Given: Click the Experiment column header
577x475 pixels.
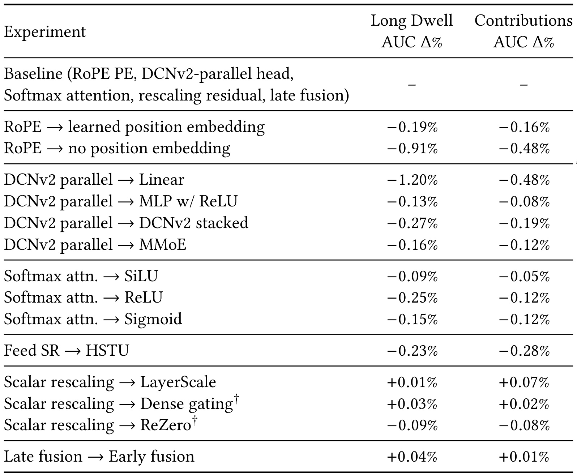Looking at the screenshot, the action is [45, 32].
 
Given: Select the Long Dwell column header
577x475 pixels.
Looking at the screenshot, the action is [412, 31].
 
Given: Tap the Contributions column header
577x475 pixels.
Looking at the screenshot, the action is [523, 31].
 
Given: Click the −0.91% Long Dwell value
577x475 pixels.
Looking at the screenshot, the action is [412, 149].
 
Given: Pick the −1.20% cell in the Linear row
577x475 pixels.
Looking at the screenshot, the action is [412, 180].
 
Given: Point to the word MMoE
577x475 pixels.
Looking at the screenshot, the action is [163, 245].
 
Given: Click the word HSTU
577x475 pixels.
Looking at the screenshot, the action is [107, 351].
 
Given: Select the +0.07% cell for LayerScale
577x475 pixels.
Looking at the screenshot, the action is [524, 382].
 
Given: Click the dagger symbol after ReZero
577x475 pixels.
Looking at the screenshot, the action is [195, 421].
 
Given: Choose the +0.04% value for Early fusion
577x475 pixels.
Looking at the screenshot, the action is [412, 457].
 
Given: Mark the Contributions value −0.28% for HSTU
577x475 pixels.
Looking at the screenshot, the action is [524, 351].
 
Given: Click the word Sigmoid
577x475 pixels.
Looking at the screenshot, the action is [153, 320].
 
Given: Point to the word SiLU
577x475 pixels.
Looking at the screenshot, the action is [141, 276].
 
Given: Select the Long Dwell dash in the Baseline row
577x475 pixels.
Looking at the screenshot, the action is [412, 85].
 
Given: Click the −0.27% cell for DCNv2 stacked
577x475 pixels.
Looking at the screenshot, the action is [412, 223].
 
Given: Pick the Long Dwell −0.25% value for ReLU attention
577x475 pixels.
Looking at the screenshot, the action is [412, 298].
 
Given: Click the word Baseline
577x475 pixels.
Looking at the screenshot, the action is [33, 74].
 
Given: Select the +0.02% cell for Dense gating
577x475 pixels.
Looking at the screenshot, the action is [524, 404].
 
